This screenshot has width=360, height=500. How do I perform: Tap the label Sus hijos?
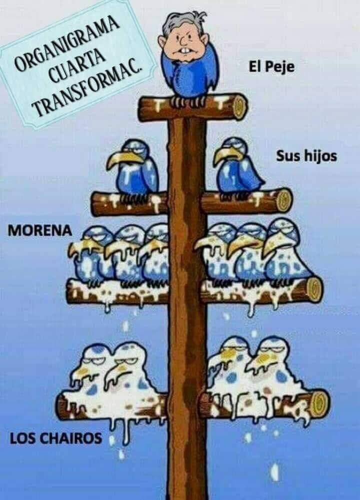click(306, 156)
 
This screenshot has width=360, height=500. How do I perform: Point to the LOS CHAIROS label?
click(55, 439)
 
